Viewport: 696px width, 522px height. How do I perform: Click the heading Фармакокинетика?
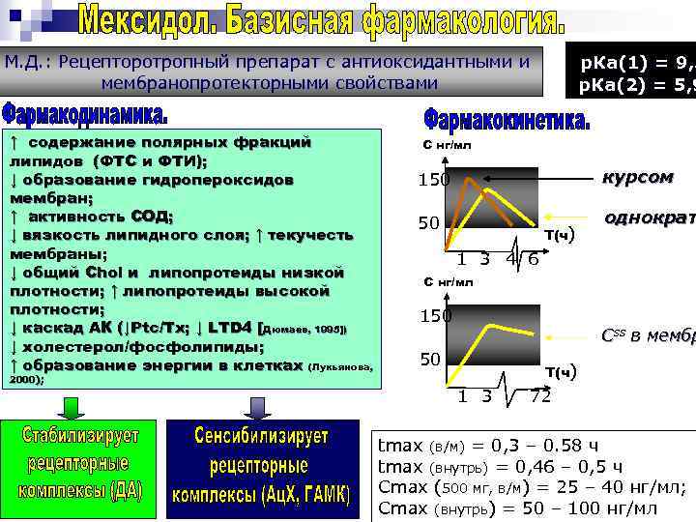click(505, 121)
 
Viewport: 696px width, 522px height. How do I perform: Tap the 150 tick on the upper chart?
click(434, 180)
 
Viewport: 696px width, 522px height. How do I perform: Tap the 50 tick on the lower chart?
click(429, 360)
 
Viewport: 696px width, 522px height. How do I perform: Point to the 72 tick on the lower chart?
click(540, 396)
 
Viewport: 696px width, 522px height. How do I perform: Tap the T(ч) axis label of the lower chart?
click(560, 371)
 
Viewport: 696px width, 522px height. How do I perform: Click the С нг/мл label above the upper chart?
click(449, 146)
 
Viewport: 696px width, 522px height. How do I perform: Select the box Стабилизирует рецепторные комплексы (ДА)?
click(80, 463)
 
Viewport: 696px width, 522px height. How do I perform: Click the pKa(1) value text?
click(632, 63)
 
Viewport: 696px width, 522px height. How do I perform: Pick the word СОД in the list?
click(151, 216)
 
